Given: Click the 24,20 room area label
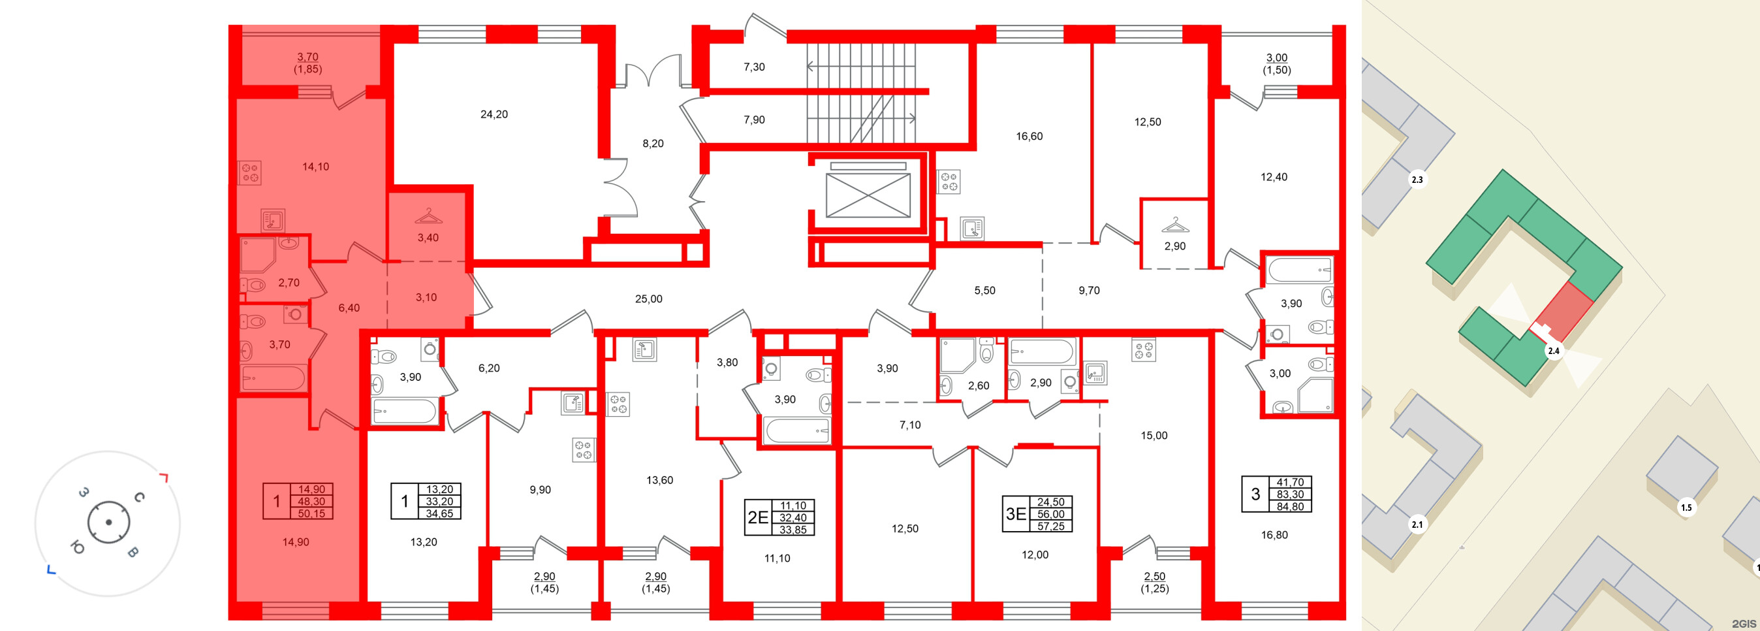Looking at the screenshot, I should point(494,114).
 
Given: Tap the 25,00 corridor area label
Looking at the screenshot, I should point(648,299).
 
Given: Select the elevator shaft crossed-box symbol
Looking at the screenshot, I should point(868,195).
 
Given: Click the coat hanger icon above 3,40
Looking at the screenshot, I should point(428,216).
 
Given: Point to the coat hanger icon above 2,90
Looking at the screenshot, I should point(1174,224).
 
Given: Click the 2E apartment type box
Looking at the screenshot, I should point(759,517).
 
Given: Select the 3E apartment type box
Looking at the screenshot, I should point(1016,514).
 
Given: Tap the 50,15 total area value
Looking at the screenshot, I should point(311,513).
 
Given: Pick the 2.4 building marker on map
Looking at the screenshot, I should point(1554,351).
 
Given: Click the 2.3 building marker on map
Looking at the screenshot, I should point(1417,180).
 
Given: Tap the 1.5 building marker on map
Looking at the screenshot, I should point(1686,508).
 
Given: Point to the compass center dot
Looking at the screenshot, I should point(108,523).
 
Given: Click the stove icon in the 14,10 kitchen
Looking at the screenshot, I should point(250,172).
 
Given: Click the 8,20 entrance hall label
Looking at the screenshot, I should point(652,144).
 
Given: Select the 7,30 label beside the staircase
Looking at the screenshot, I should point(754,67).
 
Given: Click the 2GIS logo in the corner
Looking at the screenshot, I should point(1742,623).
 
